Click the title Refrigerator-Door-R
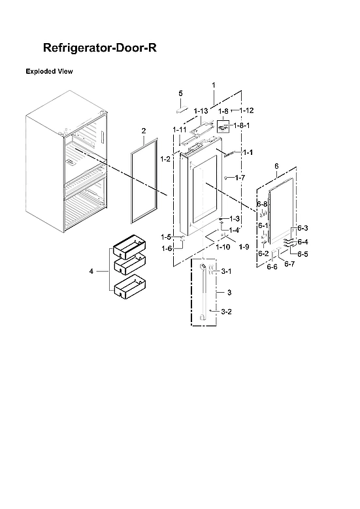click(99, 48)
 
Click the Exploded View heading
click(49, 70)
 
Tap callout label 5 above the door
click(181, 93)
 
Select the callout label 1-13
click(201, 111)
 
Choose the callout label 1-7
click(240, 178)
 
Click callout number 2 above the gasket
click(143, 131)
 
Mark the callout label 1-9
click(244, 246)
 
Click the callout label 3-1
click(226, 271)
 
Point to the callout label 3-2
click(226, 312)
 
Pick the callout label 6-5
click(303, 254)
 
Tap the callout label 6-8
click(262, 204)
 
